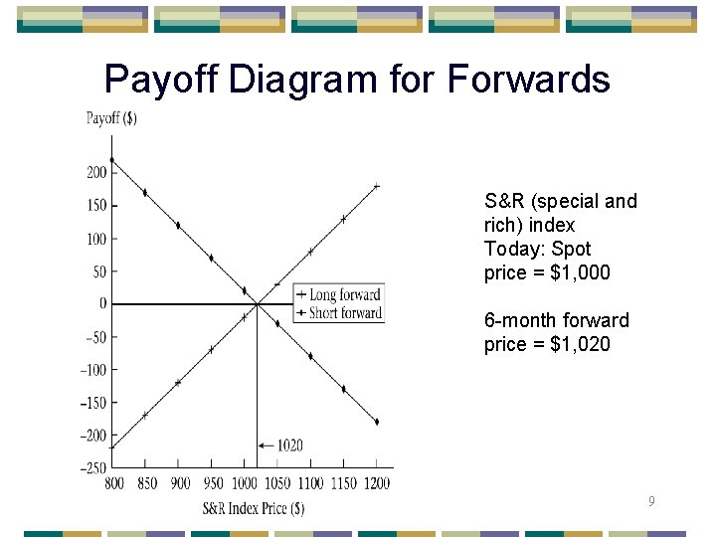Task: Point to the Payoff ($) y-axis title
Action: point(111,118)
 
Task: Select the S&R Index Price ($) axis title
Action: point(253,508)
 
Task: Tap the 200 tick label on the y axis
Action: point(95,173)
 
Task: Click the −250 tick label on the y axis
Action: point(93,467)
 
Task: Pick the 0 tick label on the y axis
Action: point(101,304)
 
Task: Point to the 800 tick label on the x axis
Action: point(113,483)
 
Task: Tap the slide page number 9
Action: point(650,502)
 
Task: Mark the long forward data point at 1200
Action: point(376,186)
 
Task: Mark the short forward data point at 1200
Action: point(376,422)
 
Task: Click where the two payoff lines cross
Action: point(258,304)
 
